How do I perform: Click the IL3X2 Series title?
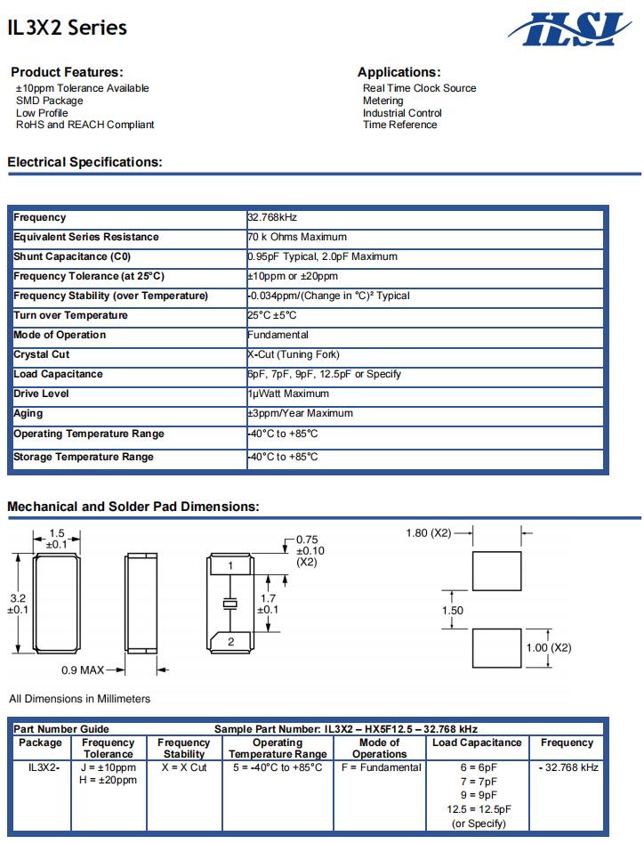tap(67, 28)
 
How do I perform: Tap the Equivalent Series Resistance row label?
tap(86, 237)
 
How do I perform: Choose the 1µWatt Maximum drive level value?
tap(288, 394)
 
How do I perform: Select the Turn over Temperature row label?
tap(70, 315)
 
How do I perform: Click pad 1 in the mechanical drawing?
tap(230, 565)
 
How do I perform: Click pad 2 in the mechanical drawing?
tap(230, 641)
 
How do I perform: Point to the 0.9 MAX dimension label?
tap(83, 670)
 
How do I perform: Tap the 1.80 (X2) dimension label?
tap(429, 533)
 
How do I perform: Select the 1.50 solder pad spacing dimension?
tap(453, 611)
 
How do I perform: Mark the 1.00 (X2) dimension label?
tap(549, 647)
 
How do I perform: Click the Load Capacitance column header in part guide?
tap(477, 743)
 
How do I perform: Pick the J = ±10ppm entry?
tap(109, 767)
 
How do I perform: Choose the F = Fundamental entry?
tap(381, 767)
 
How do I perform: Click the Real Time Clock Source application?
tap(419, 88)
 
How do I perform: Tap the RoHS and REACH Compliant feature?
tap(85, 125)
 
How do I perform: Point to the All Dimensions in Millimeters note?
tap(79, 699)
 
